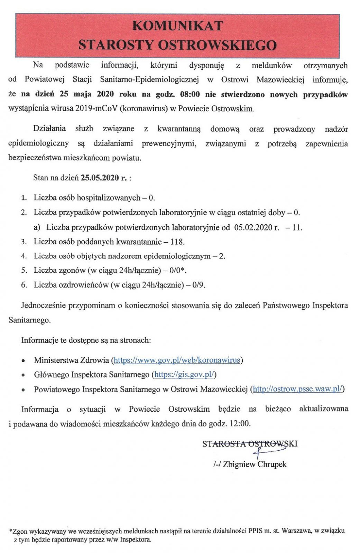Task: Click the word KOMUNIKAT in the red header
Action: click(x=178, y=26)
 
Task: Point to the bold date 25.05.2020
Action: click(x=100, y=178)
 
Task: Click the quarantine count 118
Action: click(x=177, y=242)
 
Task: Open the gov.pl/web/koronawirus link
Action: click(x=177, y=360)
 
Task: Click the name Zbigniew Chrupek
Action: click(x=255, y=464)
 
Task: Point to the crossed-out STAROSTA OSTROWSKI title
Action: click(x=250, y=444)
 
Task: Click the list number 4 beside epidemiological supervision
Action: click(x=24, y=256)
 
